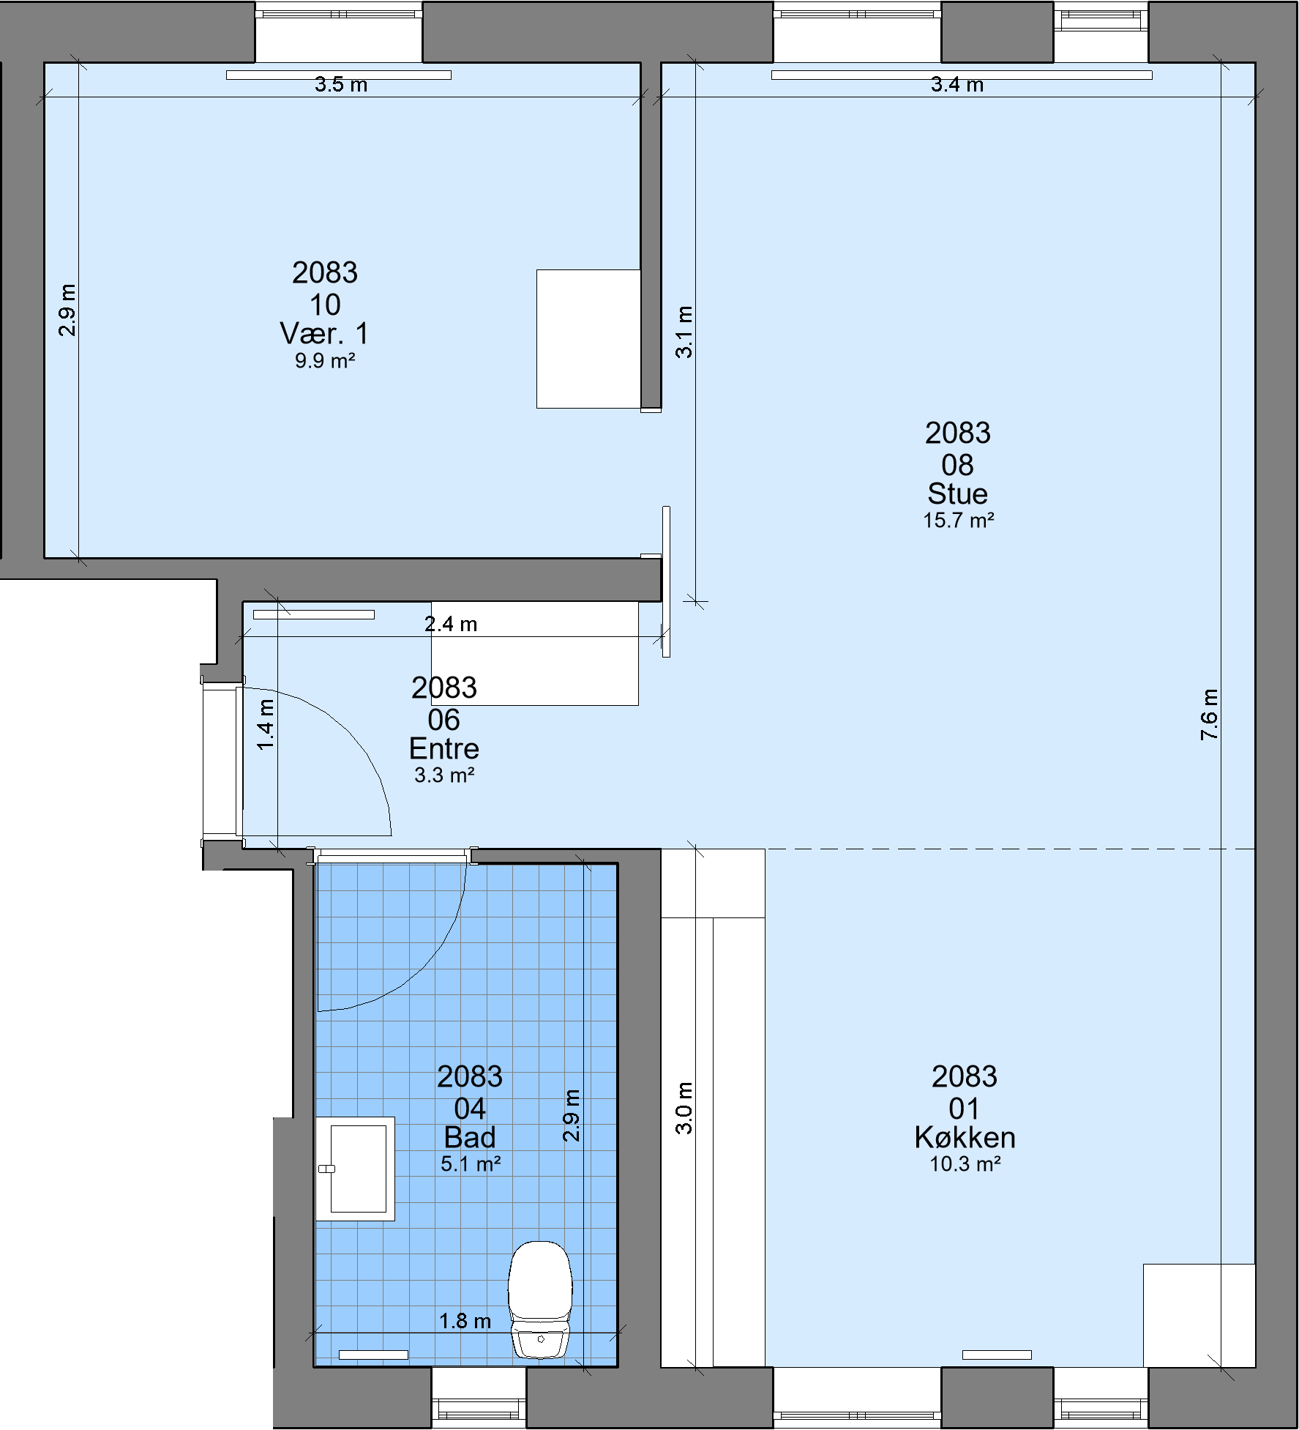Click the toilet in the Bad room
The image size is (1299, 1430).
pyautogui.click(x=540, y=1299)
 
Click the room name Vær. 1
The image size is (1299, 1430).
pyautogui.click(x=324, y=334)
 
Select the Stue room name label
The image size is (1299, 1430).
pyautogui.click(x=957, y=494)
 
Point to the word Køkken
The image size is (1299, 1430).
pyautogui.click(x=965, y=1137)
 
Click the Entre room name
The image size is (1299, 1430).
pyautogui.click(x=443, y=748)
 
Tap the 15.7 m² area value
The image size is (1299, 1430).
pyautogui.click(x=958, y=521)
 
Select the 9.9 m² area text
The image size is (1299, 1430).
pyautogui.click(x=325, y=360)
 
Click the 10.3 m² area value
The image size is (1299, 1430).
pyautogui.click(x=965, y=1164)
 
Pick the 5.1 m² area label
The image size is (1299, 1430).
pyautogui.click(x=470, y=1163)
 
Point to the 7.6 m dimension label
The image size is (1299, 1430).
pyautogui.click(x=1210, y=715)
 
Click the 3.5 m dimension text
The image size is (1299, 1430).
pyautogui.click(x=341, y=84)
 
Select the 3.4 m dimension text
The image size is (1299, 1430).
pyautogui.click(x=957, y=84)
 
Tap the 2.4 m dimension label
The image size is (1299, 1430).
pyautogui.click(x=451, y=624)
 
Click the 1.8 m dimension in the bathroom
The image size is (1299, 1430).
pyautogui.click(x=465, y=1321)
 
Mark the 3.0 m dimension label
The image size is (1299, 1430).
pyautogui.click(x=684, y=1108)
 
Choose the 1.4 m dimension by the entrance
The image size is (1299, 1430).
pyautogui.click(x=266, y=724)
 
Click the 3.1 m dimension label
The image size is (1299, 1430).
pyautogui.click(x=684, y=332)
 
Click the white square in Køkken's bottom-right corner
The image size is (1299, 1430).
pyautogui.click(x=1199, y=1316)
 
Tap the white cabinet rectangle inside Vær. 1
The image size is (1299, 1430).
pyautogui.click(x=588, y=338)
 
